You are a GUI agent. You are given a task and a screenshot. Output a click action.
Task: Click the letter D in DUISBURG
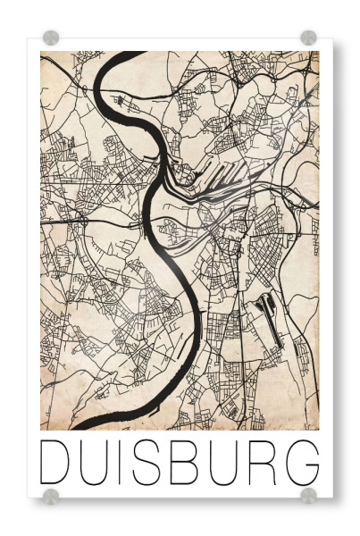[55, 462]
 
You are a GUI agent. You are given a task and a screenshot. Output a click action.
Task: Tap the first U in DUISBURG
[93, 462]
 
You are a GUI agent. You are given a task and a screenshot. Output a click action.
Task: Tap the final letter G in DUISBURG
[301, 462]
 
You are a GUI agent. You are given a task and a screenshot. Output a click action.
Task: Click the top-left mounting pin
[51, 38]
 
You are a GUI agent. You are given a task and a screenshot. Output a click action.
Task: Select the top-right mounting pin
[308, 38]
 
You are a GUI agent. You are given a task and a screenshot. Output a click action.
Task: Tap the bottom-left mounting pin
[51, 496]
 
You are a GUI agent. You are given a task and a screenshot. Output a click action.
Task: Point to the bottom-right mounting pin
[308, 496]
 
